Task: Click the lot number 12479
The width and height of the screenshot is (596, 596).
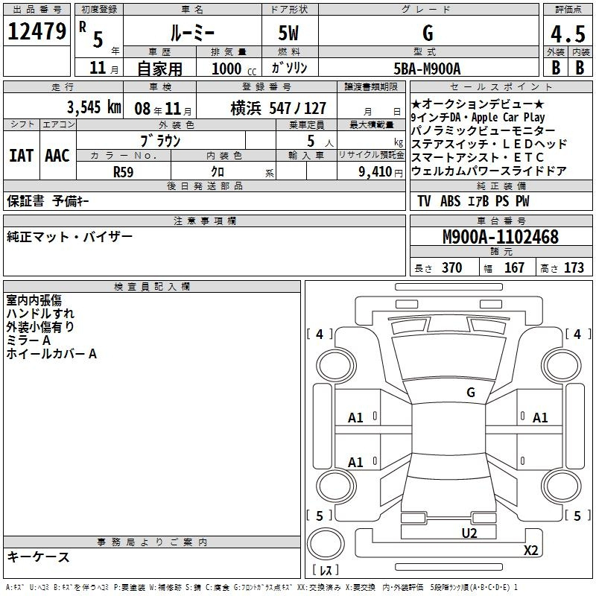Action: (x=37, y=31)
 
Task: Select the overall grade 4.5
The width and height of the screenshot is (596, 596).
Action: (x=568, y=34)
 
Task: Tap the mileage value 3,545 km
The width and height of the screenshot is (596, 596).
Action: (x=94, y=107)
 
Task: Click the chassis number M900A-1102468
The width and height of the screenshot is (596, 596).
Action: (x=501, y=237)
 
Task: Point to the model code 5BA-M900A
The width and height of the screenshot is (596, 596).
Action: (x=427, y=69)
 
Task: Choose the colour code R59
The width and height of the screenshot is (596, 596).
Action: (x=123, y=172)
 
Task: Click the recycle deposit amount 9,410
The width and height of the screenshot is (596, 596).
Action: (x=375, y=172)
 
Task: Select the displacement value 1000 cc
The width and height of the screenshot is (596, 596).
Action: (x=234, y=69)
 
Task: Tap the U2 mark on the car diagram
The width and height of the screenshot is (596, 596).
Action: (x=469, y=533)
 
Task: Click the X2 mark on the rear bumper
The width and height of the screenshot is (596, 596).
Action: (x=531, y=550)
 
